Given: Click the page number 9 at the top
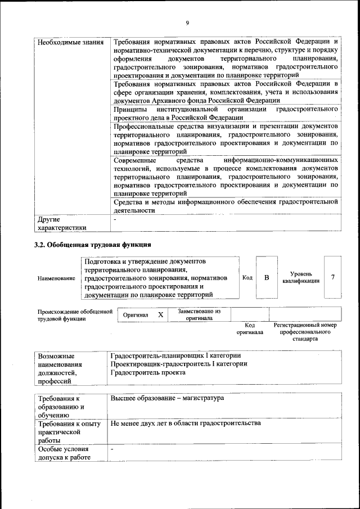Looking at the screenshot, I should point(186,22).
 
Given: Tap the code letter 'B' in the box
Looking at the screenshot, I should point(267,277).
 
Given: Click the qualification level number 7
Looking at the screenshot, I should point(334,277).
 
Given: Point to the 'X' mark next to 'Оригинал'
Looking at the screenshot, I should point(160,315).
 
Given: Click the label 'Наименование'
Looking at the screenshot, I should point(56,278).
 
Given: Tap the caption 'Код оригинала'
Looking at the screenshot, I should point(250,328).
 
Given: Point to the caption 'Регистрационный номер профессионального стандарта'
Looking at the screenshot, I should point(305,332).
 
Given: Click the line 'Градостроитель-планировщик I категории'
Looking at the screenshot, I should point(176,355).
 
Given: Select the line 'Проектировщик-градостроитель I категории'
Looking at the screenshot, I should point(179,364).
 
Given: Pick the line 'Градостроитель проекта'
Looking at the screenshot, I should point(148,372).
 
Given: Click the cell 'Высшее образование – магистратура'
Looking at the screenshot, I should point(167,398).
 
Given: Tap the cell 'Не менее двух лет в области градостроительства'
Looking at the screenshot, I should point(186,423).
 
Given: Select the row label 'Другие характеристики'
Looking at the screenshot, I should point(62,223).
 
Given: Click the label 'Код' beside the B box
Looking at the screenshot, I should point(247,277).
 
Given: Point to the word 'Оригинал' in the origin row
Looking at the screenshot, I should point(136,315).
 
